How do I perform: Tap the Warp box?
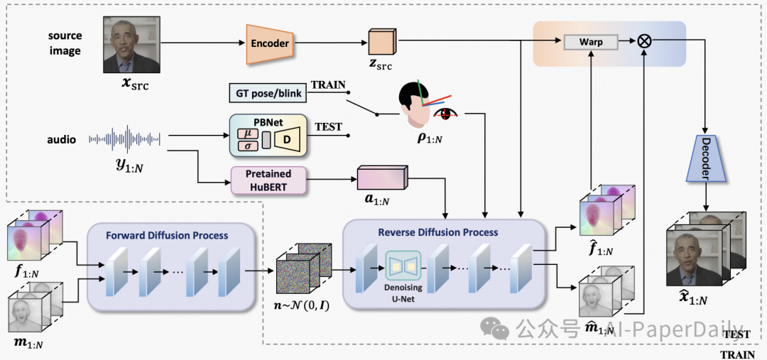(x=590, y=42)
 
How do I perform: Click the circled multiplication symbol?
(x=644, y=42)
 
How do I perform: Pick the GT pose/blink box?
(x=267, y=93)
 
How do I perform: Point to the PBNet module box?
(x=267, y=136)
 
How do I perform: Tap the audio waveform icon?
(x=125, y=139)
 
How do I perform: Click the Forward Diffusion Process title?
(x=167, y=235)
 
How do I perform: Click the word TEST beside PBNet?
(x=328, y=127)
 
